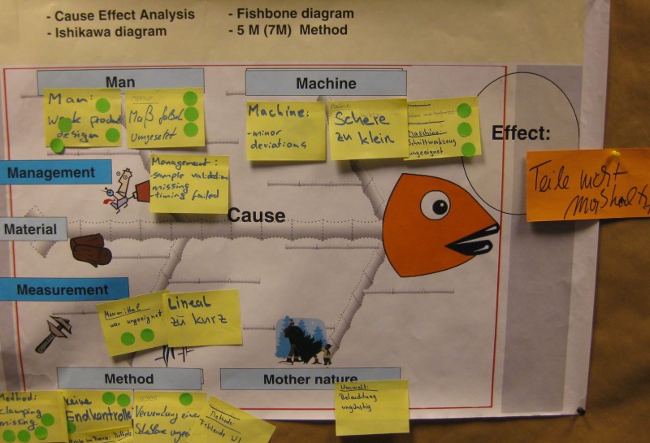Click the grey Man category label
point(120,82)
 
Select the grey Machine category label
point(326,83)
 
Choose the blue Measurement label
point(63,289)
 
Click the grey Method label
point(128,379)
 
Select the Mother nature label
point(310,379)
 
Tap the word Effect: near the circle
point(521,133)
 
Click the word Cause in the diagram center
point(256,215)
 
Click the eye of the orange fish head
point(436,205)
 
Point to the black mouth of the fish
point(472,240)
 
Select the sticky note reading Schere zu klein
point(367,128)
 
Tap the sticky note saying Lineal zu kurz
point(203,317)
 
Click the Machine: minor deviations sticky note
point(285,130)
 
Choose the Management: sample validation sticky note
point(188,184)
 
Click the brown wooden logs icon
point(90,250)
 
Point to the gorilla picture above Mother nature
point(301,341)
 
